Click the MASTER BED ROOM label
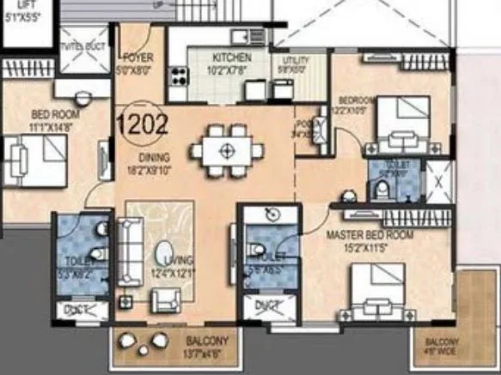pos(369,233)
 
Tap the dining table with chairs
pos(227,151)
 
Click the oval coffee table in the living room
pos(163,257)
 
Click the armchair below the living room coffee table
pos(165,299)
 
